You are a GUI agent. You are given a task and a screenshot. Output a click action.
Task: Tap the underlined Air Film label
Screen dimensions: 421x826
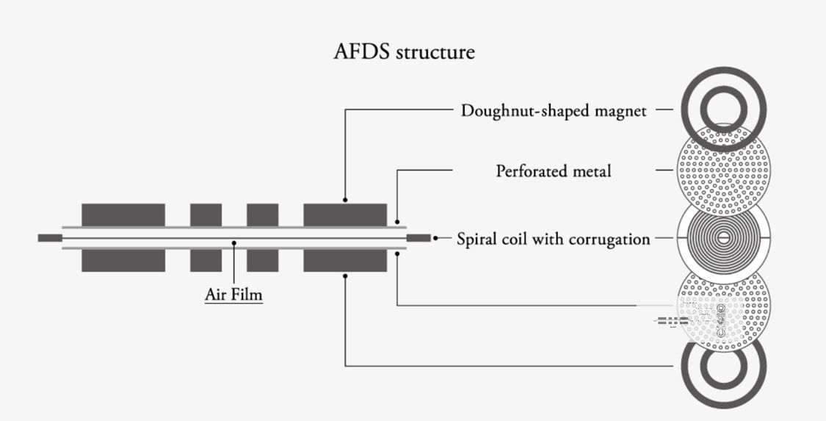coord(233,295)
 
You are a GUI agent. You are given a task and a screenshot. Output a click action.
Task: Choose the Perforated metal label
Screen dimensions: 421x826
coord(554,171)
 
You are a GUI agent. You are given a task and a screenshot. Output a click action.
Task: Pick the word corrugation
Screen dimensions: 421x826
coord(606,239)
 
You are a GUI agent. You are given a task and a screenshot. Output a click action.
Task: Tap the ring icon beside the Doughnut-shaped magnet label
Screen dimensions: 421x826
coord(724,109)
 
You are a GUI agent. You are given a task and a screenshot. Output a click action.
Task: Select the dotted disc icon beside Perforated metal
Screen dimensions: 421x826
coord(724,170)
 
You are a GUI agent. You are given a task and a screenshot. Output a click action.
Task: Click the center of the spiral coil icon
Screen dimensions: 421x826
coord(724,237)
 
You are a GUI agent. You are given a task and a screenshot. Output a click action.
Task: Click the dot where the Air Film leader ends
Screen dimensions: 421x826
coord(233,242)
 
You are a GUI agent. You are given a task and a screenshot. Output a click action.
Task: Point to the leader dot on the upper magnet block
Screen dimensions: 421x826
coord(345,200)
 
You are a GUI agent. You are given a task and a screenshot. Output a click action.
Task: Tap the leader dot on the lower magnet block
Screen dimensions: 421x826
coord(345,276)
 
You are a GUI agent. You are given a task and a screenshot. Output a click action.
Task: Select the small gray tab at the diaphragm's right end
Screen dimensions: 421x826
coord(418,238)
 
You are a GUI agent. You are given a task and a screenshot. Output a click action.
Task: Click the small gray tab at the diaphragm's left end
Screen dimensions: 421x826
coord(49,238)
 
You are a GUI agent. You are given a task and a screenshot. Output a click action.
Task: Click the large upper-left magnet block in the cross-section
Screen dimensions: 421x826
coord(123,215)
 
